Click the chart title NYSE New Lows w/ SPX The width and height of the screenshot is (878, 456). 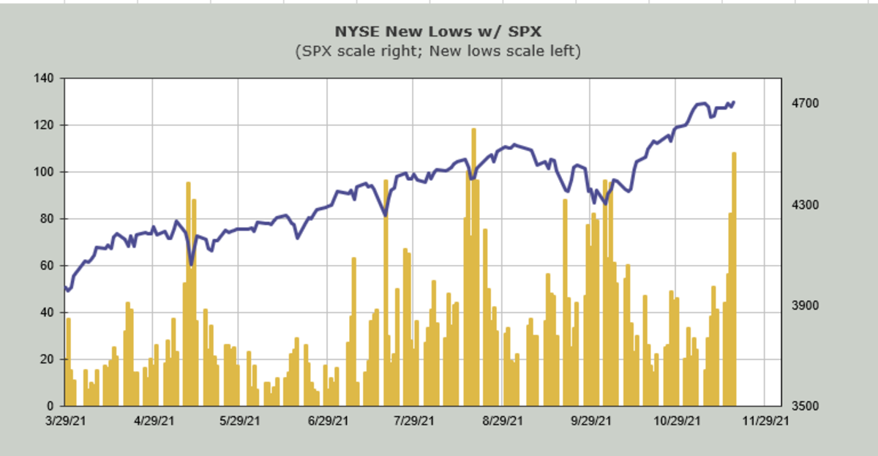pyautogui.click(x=438, y=31)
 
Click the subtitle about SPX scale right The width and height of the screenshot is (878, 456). pyautogui.click(x=438, y=51)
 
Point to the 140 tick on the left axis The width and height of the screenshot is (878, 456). pyautogui.click(x=45, y=78)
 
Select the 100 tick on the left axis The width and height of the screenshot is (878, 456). pyautogui.click(x=45, y=172)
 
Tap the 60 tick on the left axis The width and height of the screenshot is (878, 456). pyautogui.click(x=48, y=266)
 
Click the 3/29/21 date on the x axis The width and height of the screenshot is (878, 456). pyautogui.click(x=66, y=422)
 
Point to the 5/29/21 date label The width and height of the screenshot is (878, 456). pyautogui.click(x=241, y=422)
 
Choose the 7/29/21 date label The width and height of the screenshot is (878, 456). pyautogui.click(x=415, y=422)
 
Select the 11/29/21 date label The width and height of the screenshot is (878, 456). pyautogui.click(x=765, y=422)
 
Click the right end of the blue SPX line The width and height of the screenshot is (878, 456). pyautogui.click(x=734, y=102)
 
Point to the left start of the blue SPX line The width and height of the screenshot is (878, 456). pyautogui.click(x=66, y=288)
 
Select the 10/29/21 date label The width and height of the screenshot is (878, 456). pyautogui.click(x=678, y=422)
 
